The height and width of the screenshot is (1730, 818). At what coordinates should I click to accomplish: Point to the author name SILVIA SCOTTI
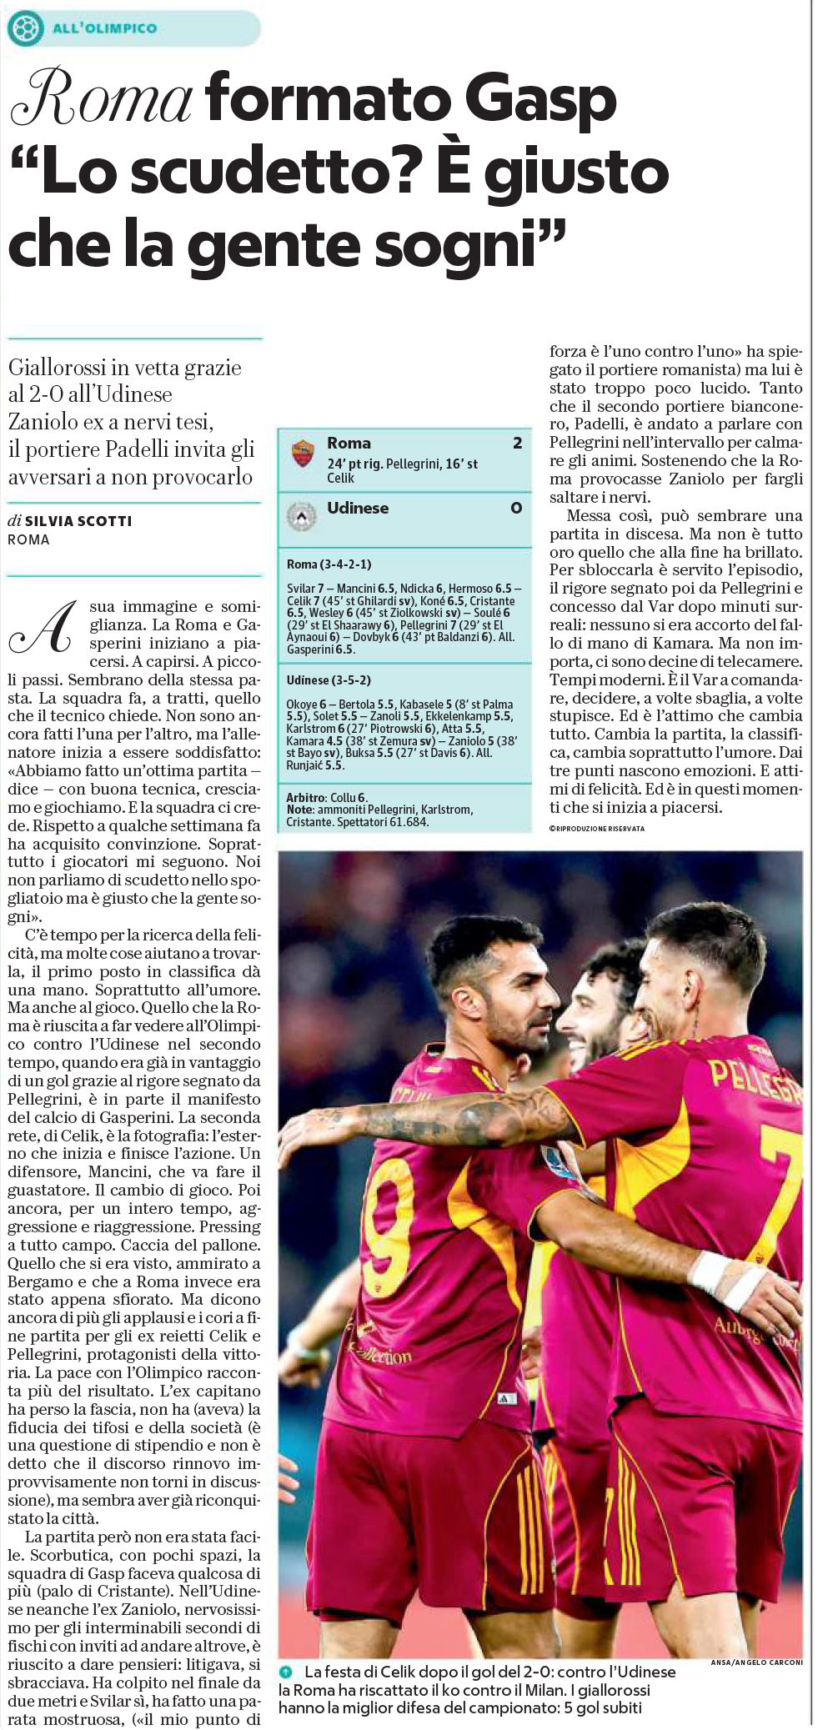tap(78, 521)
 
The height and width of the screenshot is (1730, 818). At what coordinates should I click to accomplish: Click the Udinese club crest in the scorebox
tap(302, 516)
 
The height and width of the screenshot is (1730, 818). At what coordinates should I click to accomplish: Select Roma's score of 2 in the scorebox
tap(517, 443)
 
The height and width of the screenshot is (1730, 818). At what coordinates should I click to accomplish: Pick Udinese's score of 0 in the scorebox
tap(516, 508)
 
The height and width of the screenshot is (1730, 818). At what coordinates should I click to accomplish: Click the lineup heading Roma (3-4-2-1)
tap(329, 564)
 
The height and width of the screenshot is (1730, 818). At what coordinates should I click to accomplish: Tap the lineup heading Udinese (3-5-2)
tap(329, 680)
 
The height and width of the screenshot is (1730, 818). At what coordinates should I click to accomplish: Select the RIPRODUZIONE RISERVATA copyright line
tap(596, 828)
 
